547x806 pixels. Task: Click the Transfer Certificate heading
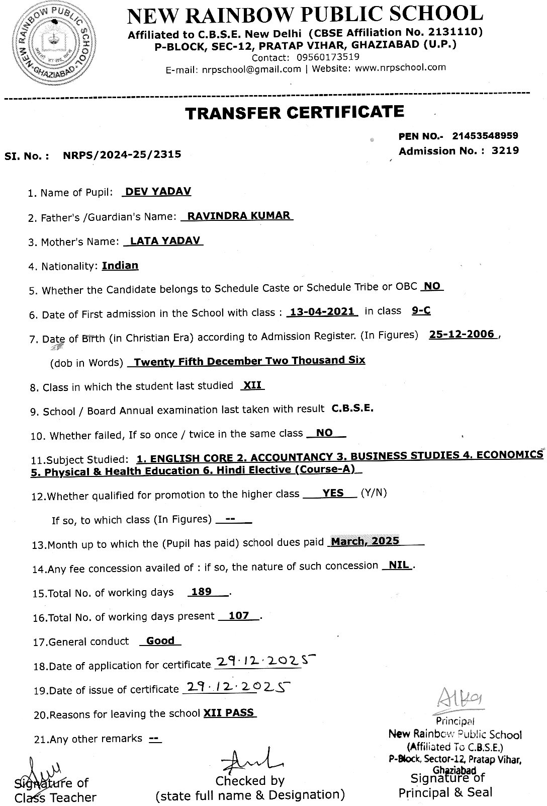coord(294,112)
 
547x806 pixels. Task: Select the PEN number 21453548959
coord(485,136)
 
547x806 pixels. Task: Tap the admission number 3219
coord(505,150)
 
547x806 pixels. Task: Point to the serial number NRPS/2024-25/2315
coord(122,154)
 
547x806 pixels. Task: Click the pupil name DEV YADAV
coord(158,192)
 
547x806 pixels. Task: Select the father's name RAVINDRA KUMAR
coord(238,216)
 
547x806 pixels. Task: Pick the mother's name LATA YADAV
coord(164,240)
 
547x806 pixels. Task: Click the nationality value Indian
coord(120,265)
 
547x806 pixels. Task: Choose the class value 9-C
coord(421,310)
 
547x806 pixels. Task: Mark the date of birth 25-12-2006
coord(462,334)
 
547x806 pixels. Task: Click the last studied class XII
coord(252,385)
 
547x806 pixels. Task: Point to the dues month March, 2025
coord(365,541)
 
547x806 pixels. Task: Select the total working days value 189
coord(202,592)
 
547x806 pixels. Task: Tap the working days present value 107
coord(239,615)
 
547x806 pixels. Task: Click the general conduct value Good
coord(160,640)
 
